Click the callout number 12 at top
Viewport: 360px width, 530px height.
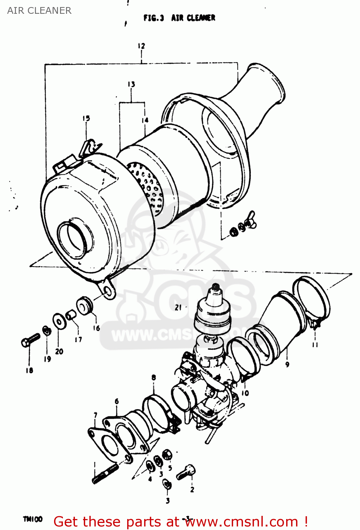coord(141,46)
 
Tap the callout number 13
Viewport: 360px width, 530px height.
coord(131,84)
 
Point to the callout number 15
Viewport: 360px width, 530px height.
coord(86,118)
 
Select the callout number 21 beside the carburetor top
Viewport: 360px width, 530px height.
coord(178,307)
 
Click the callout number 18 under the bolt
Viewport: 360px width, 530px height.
coord(29,370)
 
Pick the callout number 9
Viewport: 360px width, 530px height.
coord(287,364)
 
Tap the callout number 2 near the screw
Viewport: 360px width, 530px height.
coord(192,490)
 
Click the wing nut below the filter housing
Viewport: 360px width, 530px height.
coord(252,223)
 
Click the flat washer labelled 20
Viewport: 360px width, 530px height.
coord(58,321)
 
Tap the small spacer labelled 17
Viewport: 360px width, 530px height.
coord(71,314)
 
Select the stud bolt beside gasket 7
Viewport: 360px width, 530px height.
coord(105,474)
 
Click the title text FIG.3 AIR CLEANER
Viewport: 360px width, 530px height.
coord(179,18)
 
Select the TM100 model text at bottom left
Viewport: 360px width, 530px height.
coord(33,519)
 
